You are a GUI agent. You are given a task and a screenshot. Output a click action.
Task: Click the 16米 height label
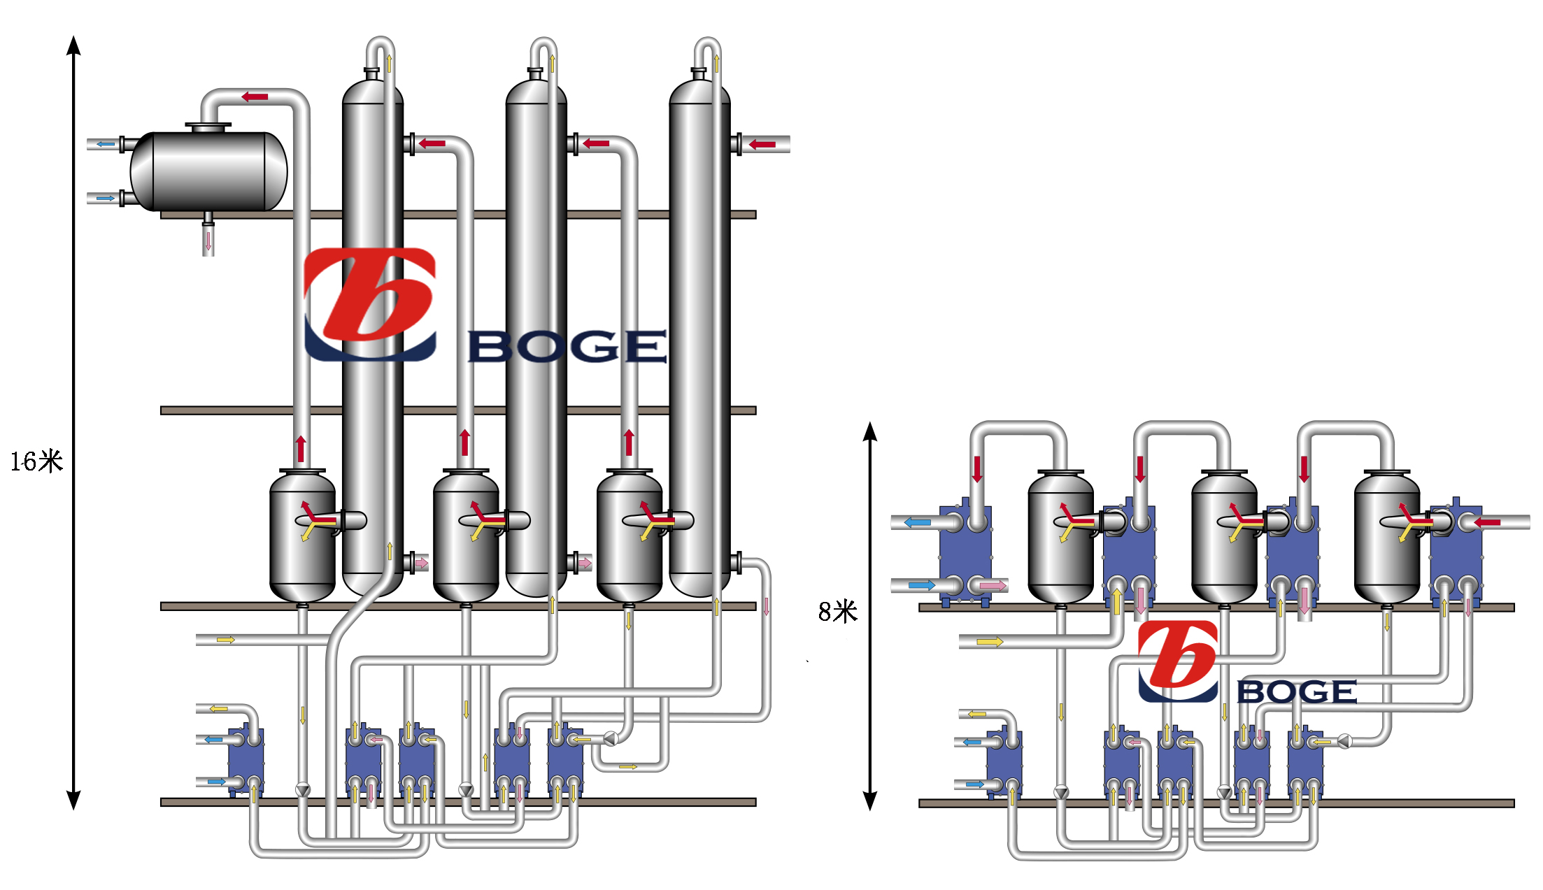(x=36, y=461)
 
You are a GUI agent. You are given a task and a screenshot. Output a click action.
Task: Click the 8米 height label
(x=837, y=612)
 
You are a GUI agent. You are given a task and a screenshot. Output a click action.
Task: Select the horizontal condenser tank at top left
(x=208, y=171)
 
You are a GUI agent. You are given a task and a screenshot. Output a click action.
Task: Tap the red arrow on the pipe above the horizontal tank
(x=255, y=96)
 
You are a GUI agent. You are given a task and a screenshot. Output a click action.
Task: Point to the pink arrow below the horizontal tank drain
(x=208, y=242)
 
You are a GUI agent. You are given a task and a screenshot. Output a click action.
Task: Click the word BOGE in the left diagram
(x=567, y=347)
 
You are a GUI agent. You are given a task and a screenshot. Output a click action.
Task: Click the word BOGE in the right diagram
(x=1297, y=692)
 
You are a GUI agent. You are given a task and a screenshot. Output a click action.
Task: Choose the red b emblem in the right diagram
(x=1178, y=661)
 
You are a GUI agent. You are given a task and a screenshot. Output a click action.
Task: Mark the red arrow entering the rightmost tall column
(x=762, y=145)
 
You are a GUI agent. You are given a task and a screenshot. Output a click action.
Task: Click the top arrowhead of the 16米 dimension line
(x=73, y=45)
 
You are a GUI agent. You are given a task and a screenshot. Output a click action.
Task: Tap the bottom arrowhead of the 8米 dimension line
(x=870, y=801)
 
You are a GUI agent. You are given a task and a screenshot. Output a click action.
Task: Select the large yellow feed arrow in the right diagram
(x=990, y=642)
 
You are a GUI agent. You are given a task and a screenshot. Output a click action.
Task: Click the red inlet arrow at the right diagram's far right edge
(x=1487, y=522)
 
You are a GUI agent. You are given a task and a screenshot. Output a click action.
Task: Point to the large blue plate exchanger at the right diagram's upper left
(x=965, y=552)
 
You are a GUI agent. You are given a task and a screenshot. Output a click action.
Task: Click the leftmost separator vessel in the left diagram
(x=302, y=535)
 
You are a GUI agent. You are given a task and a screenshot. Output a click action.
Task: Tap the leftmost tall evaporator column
(x=372, y=336)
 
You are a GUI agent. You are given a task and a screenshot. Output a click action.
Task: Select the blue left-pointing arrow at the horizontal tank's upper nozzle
(x=106, y=144)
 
